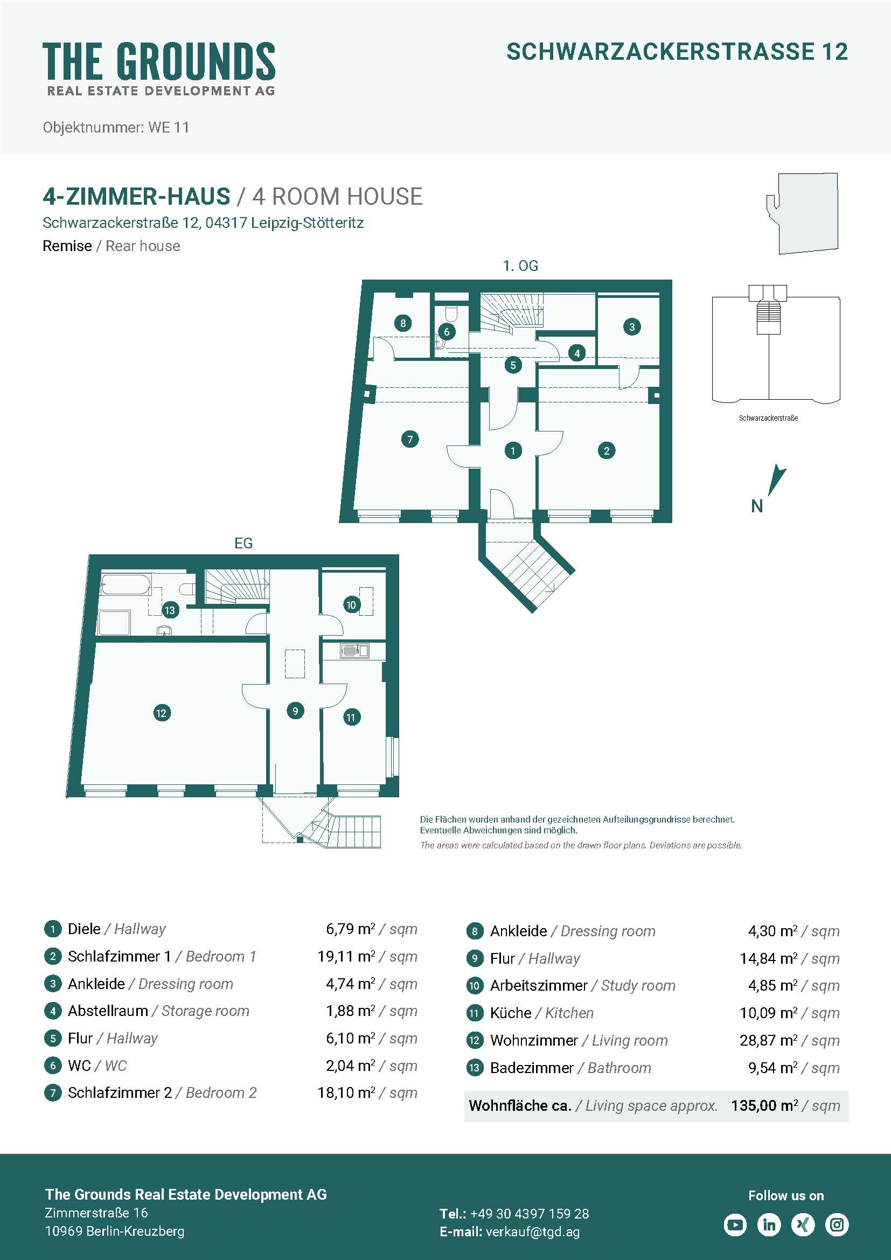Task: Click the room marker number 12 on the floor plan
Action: [x=161, y=713]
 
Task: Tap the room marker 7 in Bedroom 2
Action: [x=410, y=439]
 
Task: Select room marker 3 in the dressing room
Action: [x=632, y=326]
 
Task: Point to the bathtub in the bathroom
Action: [x=126, y=584]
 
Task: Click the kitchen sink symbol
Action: [x=354, y=651]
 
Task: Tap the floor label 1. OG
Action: [x=521, y=266]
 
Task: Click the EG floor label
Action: [x=243, y=544]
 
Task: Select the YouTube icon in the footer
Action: [x=735, y=1224]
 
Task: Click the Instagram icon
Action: [x=837, y=1224]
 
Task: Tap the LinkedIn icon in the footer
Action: [x=769, y=1224]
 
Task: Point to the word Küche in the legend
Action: [x=511, y=1013]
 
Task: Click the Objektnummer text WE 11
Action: [x=169, y=127]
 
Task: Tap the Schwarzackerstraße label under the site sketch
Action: [x=768, y=418]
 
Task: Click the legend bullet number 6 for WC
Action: [x=53, y=1066]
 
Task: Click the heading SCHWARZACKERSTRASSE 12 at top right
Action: [x=677, y=52]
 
